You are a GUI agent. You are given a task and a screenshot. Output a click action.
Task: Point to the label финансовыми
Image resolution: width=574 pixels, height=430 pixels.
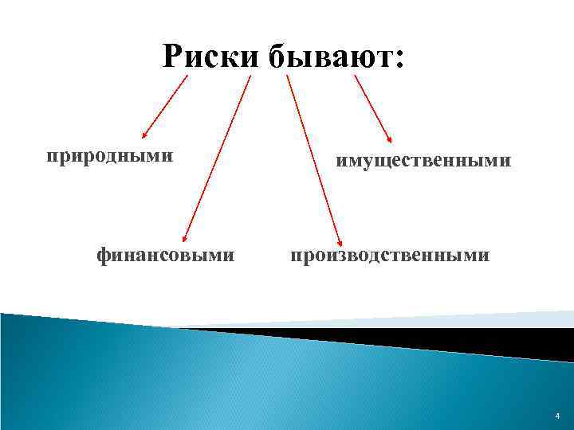coord(165,256)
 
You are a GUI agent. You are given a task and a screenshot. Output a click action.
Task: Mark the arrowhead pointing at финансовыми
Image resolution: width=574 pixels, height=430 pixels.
coord(185,236)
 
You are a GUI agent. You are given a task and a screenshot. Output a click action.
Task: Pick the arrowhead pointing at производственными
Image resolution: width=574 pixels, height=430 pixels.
coord(340,240)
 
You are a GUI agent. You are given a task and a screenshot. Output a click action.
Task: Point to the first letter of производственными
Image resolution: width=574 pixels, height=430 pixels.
coord(295,256)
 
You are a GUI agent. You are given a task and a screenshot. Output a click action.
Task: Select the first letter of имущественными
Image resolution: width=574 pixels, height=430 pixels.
coord(341,162)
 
